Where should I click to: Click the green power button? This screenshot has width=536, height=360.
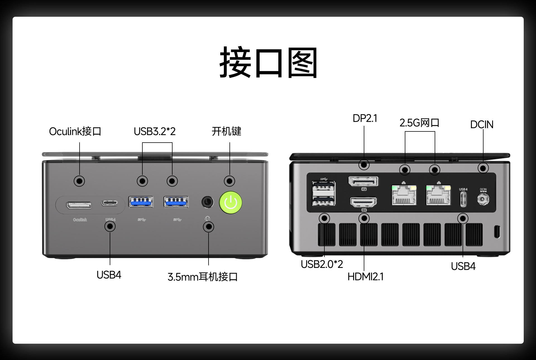231,203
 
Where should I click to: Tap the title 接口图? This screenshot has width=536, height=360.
268,63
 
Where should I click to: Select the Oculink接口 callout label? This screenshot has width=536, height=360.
75,131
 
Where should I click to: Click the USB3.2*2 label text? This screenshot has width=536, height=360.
155,131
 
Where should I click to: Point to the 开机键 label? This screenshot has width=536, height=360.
226,131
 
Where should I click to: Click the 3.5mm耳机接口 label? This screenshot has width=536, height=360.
202,277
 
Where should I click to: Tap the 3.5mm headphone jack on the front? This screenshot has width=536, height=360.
207,202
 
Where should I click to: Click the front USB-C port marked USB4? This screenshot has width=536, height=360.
109,203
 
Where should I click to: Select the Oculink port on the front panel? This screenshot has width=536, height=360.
79,205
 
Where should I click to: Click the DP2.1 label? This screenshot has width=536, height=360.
365,118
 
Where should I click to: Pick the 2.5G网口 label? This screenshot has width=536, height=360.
419,123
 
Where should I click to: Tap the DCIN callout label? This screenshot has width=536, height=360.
482,124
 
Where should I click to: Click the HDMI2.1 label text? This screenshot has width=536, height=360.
365,277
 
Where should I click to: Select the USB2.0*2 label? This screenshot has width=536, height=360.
322,264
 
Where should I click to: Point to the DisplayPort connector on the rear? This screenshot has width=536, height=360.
363,182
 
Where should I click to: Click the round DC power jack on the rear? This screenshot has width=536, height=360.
483,199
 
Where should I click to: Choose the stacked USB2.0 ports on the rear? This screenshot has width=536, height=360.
324,194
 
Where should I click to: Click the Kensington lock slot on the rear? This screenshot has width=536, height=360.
497,232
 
